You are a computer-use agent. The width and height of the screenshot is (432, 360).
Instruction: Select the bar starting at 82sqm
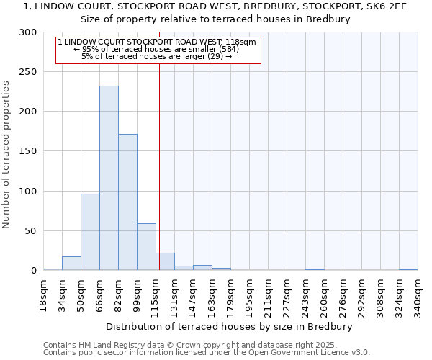127,202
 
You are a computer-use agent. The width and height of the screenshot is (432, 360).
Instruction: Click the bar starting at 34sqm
71,264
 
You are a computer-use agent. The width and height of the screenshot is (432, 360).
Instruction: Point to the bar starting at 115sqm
165,262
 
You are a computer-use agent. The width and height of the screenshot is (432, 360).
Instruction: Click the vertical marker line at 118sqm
159,166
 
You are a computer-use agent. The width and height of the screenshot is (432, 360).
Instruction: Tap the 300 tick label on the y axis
28,32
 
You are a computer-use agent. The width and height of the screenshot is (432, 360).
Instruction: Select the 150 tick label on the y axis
28,152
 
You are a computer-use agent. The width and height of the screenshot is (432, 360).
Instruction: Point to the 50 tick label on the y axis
31,231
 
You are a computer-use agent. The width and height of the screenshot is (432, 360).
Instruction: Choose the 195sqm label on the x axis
249,296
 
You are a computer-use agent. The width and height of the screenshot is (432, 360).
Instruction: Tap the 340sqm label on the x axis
418,296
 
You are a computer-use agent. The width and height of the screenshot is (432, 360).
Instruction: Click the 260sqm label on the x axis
324,296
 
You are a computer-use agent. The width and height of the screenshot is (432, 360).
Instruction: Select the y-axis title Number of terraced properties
6,155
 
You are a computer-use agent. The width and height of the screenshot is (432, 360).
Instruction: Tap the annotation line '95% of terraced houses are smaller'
156,49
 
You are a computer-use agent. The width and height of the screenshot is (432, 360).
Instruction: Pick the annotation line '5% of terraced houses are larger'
156,56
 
